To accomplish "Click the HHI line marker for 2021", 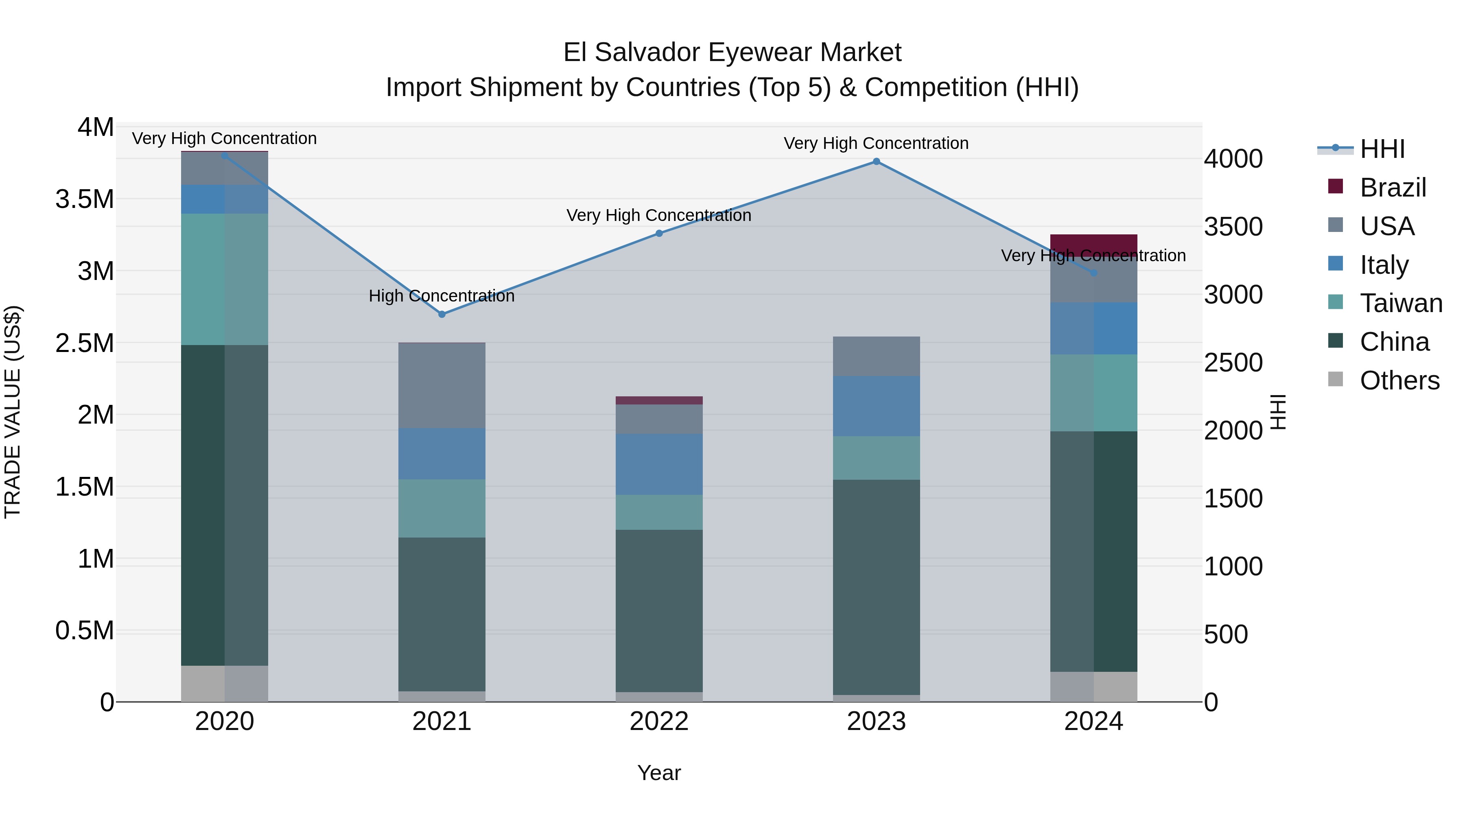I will click(x=442, y=314).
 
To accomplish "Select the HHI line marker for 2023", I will click(x=877, y=162).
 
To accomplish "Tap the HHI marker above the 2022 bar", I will click(x=659, y=233).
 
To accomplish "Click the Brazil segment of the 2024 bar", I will click(x=1093, y=243).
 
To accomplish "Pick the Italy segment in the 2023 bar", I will click(x=877, y=406).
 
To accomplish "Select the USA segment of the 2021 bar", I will click(x=442, y=386).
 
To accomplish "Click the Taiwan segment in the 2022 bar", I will click(x=659, y=512).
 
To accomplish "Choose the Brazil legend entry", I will click(x=1393, y=187).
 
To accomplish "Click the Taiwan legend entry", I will click(x=1401, y=303).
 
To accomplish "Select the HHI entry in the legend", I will click(x=1382, y=149).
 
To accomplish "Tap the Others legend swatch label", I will click(x=1399, y=380).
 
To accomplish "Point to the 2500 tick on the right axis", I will click(x=1233, y=363).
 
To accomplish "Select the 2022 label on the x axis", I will click(x=659, y=721).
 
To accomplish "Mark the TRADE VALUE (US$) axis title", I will click(x=13, y=412).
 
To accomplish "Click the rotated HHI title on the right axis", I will click(x=1278, y=412).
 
